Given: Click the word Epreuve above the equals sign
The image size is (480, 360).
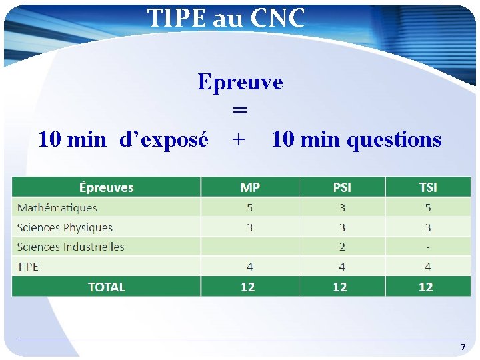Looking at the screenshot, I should tap(240, 82).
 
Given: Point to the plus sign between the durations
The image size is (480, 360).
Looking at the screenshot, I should tap(238, 139).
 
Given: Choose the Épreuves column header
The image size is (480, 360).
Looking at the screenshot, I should tap(106, 187).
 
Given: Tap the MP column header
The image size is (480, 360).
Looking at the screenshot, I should tap(250, 187).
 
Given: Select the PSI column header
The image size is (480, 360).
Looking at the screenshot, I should tap(342, 187).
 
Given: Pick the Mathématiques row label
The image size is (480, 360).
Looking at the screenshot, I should tap(57, 208).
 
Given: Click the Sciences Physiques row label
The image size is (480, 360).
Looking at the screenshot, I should tap(65, 227).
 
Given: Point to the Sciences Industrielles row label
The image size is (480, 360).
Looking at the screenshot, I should tap(71, 247).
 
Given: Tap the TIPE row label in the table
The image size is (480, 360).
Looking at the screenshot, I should tap(28, 267).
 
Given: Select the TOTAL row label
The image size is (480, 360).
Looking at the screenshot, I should tap(106, 287).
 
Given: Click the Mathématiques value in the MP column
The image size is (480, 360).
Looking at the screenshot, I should tap(250, 208).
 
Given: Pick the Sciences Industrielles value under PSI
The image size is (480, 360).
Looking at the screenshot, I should tap(342, 247).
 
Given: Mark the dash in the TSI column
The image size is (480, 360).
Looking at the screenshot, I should tap(427, 247).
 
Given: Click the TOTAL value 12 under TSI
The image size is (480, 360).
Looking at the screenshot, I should tap(426, 287).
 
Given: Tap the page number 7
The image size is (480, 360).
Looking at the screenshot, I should tap(463, 347).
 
